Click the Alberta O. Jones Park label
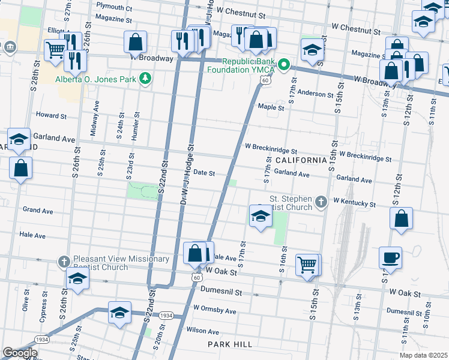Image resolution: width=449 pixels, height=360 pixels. [x=95, y=79]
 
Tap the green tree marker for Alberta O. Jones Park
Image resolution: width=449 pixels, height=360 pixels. [x=144, y=79]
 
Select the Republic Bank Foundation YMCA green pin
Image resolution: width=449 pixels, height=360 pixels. [x=285, y=65]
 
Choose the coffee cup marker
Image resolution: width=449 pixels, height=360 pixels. [x=390, y=259]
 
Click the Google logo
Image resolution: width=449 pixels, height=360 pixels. [x=20, y=353]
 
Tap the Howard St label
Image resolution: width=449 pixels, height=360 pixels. [x=51, y=115]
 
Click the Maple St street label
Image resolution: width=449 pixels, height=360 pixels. [x=270, y=107]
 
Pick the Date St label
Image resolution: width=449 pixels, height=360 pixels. [x=203, y=173]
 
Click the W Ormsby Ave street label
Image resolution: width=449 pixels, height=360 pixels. [x=214, y=310]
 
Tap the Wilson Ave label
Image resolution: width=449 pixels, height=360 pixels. [x=202, y=331]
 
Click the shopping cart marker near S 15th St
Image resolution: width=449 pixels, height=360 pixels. [x=307, y=264]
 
